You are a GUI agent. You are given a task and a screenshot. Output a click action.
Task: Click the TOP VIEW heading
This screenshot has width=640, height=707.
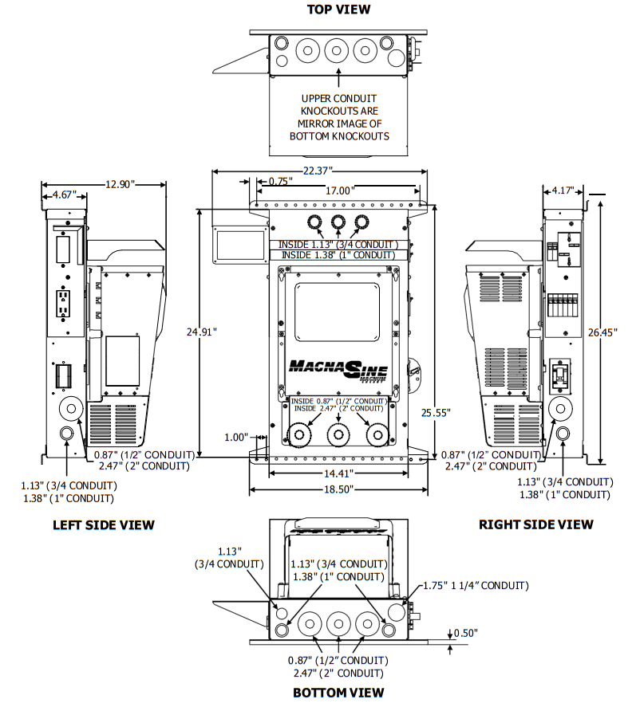pyautogui.click(x=338, y=10)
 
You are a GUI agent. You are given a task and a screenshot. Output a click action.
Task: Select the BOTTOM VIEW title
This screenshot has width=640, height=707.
pyautogui.click(x=338, y=692)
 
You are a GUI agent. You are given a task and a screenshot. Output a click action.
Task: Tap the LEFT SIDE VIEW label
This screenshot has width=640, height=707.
pyautogui.click(x=104, y=524)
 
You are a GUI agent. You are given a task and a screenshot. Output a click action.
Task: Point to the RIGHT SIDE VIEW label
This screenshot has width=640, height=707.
pyautogui.click(x=535, y=524)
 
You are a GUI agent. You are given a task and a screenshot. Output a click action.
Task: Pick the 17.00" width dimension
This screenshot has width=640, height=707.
pyautogui.click(x=339, y=190)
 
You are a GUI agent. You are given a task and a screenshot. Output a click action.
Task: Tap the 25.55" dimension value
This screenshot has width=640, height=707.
pyautogui.click(x=436, y=412)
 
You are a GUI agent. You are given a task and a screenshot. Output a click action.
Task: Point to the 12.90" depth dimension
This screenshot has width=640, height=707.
pyautogui.click(x=120, y=184)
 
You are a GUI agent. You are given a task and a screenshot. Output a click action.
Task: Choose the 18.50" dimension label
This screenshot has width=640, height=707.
pyautogui.click(x=338, y=489)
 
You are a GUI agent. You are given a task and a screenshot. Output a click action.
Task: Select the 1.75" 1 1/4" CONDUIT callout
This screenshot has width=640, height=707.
pyautogui.click(x=476, y=585)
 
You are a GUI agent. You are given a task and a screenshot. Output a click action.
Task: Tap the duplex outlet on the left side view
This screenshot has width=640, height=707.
pyautogui.click(x=61, y=303)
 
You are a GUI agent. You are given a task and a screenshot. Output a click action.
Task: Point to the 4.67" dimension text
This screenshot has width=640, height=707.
pyautogui.click(x=65, y=194)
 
